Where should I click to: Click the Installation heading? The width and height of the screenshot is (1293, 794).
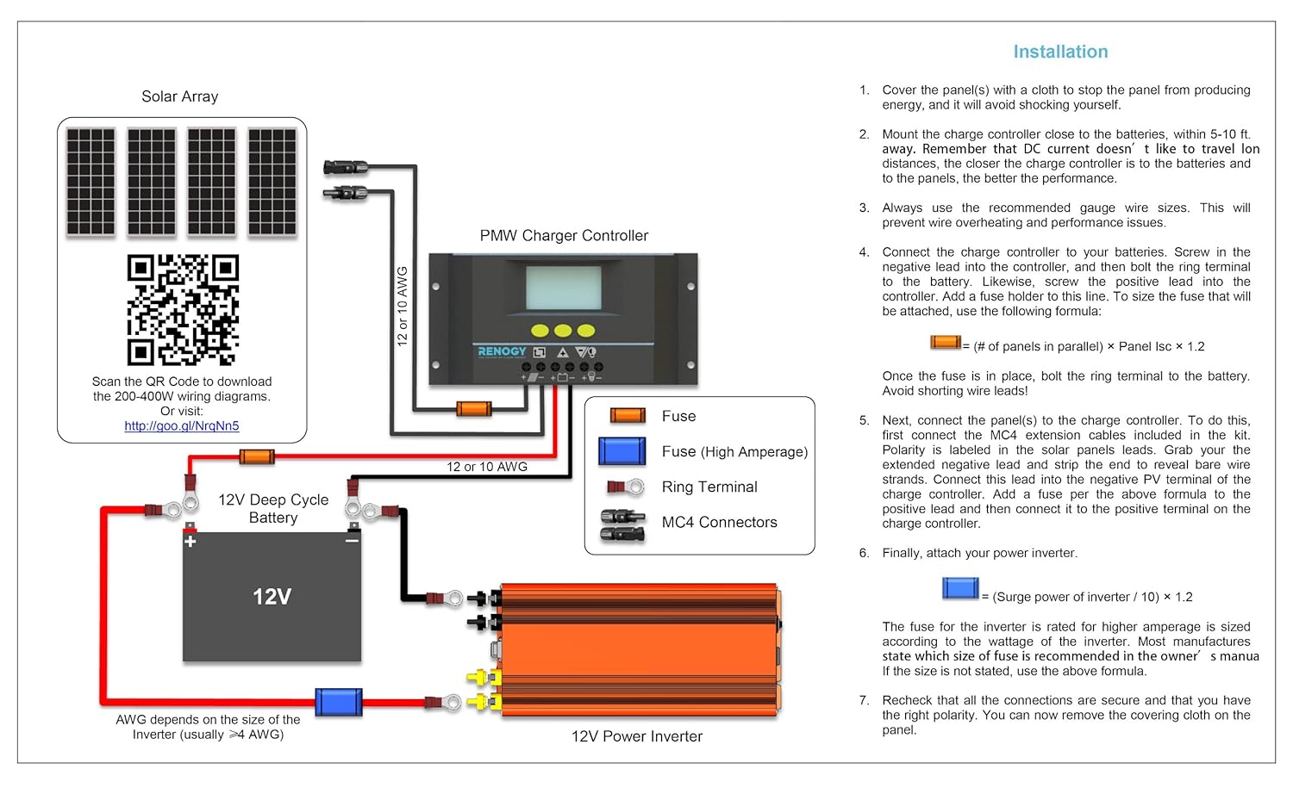click(x=1060, y=52)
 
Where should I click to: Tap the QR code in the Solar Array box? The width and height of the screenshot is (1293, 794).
click(x=183, y=310)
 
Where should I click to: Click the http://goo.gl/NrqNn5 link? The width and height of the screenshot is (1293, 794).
click(x=182, y=426)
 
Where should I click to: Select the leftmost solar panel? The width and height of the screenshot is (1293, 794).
click(x=91, y=182)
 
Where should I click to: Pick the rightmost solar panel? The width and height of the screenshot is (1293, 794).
click(x=272, y=182)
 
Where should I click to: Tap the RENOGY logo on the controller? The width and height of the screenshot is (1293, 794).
click(x=502, y=351)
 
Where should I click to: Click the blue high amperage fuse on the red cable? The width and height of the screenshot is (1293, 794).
click(x=338, y=703)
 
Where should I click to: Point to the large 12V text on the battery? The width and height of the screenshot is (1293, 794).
click(x=272, y=597)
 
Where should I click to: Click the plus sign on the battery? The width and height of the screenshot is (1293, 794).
click(x=190, y=541)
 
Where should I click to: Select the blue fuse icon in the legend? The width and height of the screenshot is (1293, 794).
click(x=622, y=451)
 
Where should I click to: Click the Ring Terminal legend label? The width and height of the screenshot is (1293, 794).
click(x=709, y=487)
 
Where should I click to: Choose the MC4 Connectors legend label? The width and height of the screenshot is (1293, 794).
click(x=719, y=523)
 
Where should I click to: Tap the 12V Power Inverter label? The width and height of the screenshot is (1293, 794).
click(x=636, y=736)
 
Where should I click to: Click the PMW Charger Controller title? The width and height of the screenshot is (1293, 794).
click(x=564, y=236)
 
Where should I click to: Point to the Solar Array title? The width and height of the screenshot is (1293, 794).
click(x=179, y=96)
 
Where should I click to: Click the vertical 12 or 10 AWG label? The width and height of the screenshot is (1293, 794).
click(x=402, y=306)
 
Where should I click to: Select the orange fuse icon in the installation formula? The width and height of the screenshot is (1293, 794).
click(x=945, y=343)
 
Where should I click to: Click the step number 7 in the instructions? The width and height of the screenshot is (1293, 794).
click(x=864, y=700)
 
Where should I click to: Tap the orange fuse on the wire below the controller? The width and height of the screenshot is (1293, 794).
click(x=473, y=408)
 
